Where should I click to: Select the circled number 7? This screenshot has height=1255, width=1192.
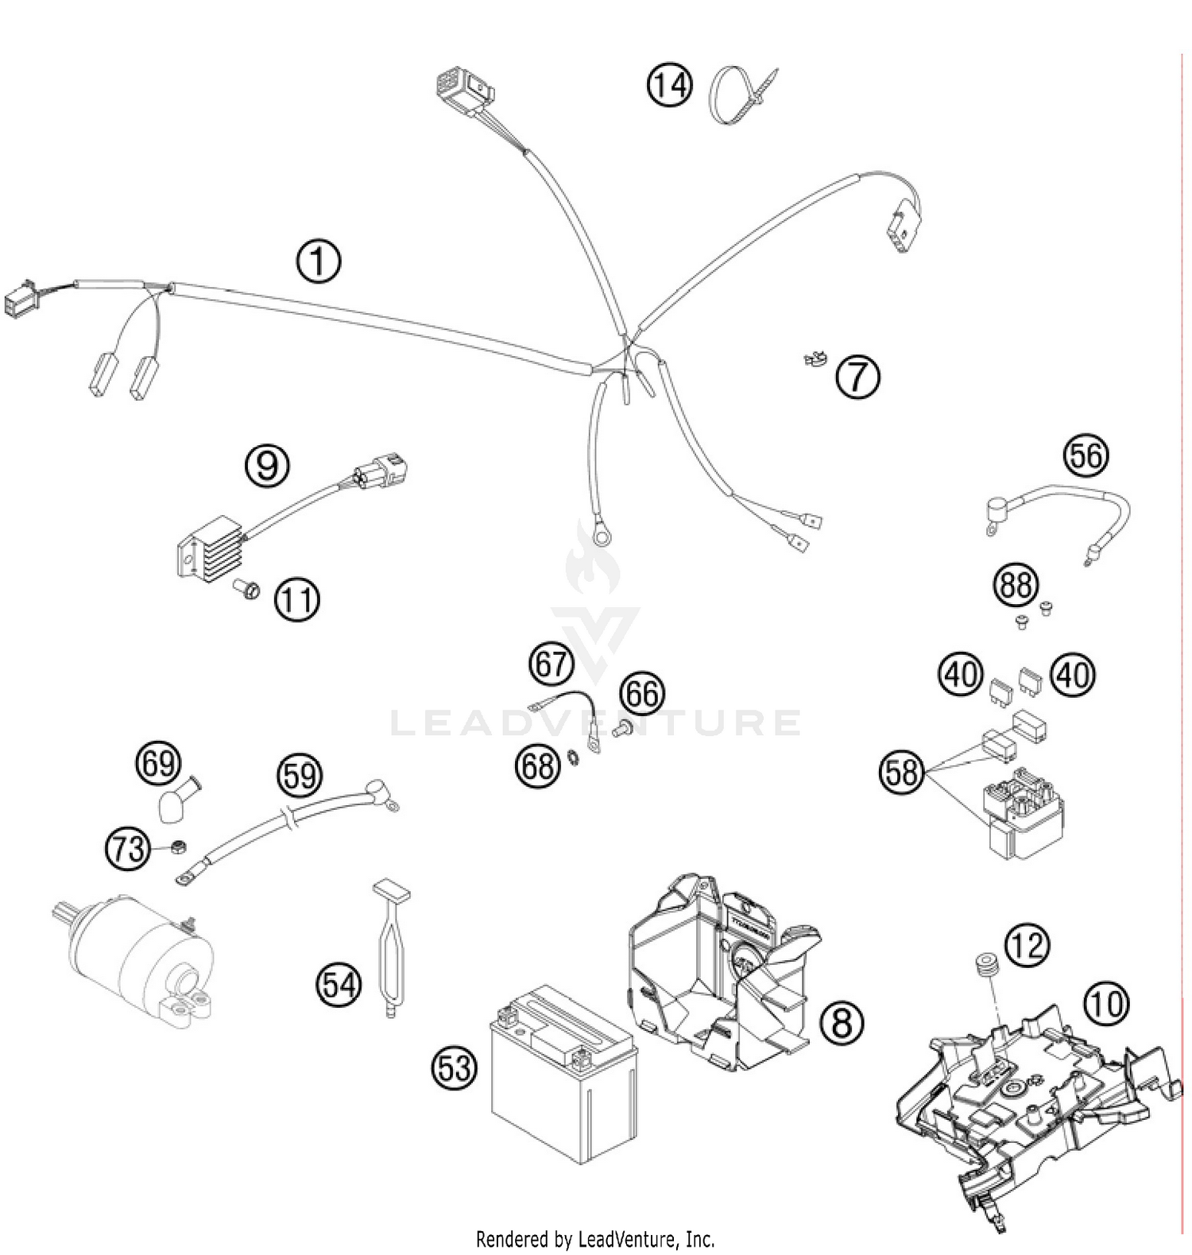pos(857,377)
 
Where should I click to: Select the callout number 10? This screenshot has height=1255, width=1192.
pos(1105,1004)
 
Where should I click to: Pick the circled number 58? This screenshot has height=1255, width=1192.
pos(902,771)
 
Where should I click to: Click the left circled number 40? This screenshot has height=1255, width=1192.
pos(962,675)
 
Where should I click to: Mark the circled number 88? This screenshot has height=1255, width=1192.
pos(1016,586)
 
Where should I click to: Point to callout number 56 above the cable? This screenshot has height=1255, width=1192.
pos(1086,456)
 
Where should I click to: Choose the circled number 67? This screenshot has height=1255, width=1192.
pos(550,663)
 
